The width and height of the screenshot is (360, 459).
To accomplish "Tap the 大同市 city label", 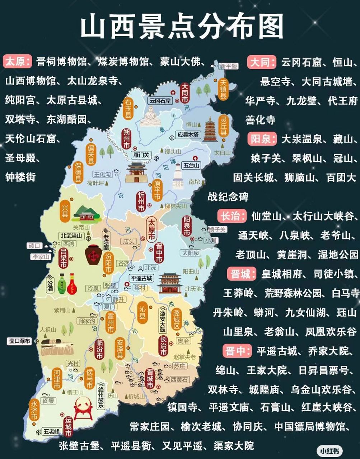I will (x=184, y=93).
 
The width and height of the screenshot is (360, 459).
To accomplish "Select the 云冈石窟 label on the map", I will (x=160, y=101).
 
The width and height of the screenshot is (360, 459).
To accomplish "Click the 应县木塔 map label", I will (x=189, y=134).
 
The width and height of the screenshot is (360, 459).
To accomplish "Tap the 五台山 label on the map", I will (x=191, y=165).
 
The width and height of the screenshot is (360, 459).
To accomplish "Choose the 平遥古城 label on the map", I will (x=141, y=278).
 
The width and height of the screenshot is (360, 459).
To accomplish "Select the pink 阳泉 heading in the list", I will (x=261, y=139).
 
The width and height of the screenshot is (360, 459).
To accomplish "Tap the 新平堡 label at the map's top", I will (x=229, y=66).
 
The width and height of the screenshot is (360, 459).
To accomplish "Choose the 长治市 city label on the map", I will (x=163, y=346).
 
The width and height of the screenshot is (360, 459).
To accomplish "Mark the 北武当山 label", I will (x=72, y=236).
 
